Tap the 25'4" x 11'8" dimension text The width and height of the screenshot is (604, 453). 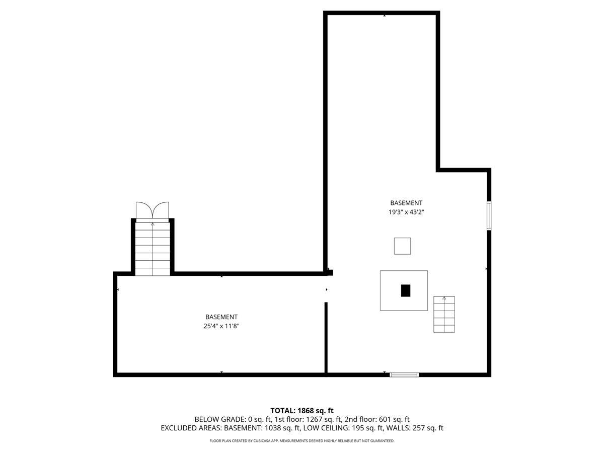coord(221,326)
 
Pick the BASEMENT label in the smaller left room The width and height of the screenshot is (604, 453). coord(221,317)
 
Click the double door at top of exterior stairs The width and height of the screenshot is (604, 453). coord(153,210)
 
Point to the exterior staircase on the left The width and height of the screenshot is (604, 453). coord(153,249)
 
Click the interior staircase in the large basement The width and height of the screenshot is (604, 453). coord(444,314)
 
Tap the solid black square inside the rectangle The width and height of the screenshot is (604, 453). coord(406,290)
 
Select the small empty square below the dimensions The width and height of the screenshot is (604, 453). coord(402,246)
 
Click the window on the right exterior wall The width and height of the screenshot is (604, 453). coord(489,216)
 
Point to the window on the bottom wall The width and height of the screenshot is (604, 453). coord(404,374)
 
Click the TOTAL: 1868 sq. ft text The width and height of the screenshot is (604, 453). coord(302,410)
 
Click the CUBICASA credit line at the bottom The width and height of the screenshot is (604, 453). coord(302,441)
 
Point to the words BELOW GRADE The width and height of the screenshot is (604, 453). coord(220,419)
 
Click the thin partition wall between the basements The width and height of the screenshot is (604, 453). coord(326,337)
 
